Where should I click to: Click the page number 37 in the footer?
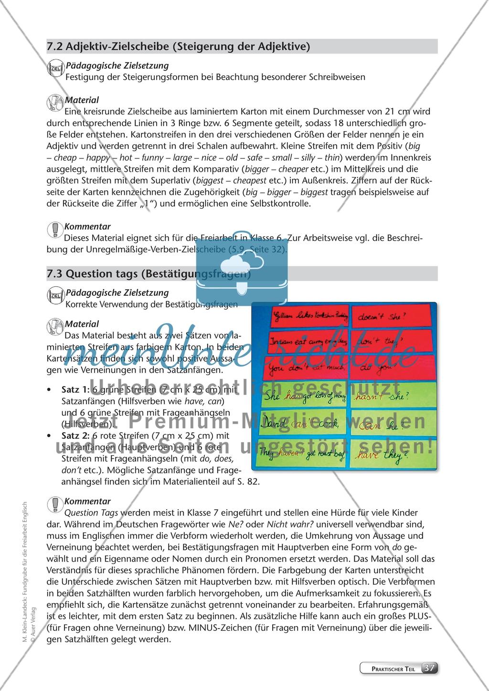pyautogui.click(x=429, y=668)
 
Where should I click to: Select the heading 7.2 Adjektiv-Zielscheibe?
pyautogui.click(x=178, y=46)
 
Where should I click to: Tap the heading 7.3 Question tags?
pyautogui.click(x=149, y=274)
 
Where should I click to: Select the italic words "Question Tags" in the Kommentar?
pyautogui.click(x=91, y=513)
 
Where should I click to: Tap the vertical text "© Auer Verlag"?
pyautogui.click(x=33, y=633)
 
